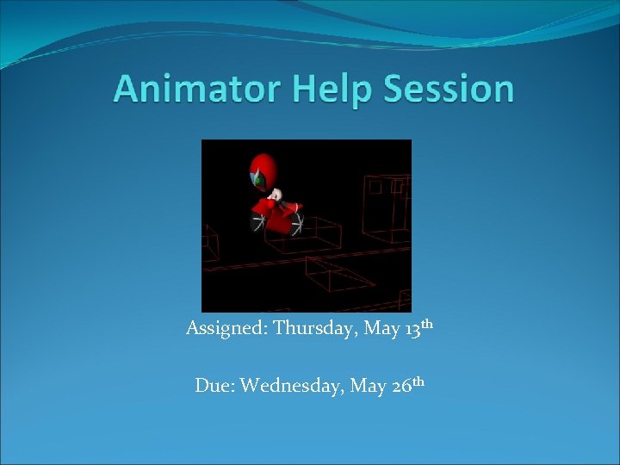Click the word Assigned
pyautogui.click(x=226, y=329)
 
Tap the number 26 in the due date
pyautogui.click(x=402, y=387)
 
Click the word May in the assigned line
pyautogui.click(x=376, y=330)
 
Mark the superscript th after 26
pyautogui.click(x=418, y=381)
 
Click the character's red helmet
pyautogui.click(x=262, y=170)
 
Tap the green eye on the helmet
pyautogui.click(x=257, y=181)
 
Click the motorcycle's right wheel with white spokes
pyautogui.click(x=295, y=225)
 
